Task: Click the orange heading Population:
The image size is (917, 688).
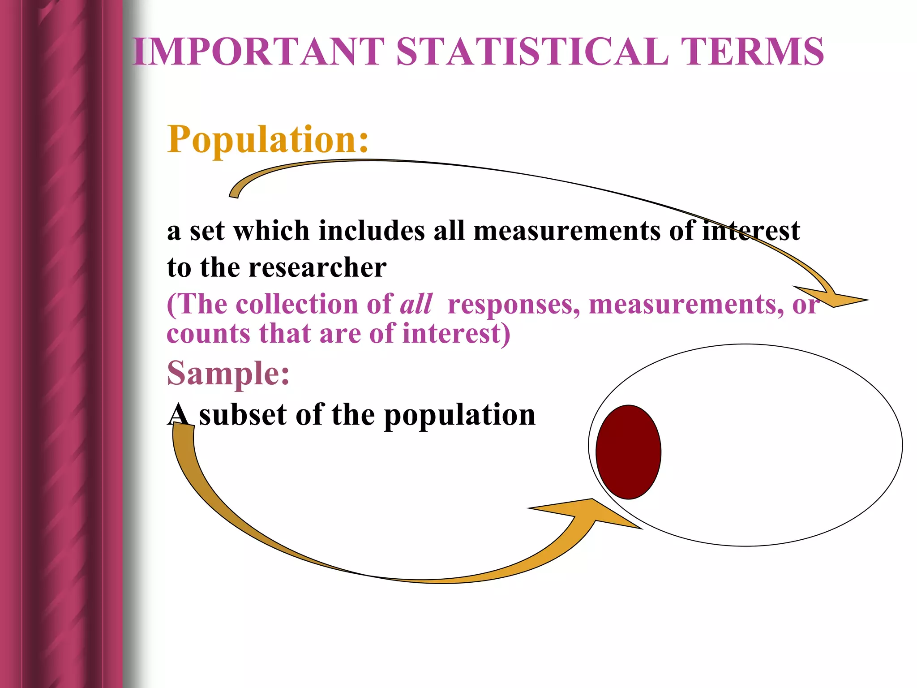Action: [x=268, y=139]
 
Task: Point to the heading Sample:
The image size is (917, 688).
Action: [x=228, y=373]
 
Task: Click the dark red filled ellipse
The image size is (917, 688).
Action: [x=628, y=452]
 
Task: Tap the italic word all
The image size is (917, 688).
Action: [x=416, y=304]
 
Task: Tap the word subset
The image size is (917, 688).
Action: [x=242, y=415]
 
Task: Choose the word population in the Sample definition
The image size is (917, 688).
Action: [x=460, y=416]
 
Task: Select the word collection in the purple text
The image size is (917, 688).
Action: [x=297, y=304]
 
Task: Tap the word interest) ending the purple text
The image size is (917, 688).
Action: [x=456, y=334]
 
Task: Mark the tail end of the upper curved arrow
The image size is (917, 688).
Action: [x=234, y=193]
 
